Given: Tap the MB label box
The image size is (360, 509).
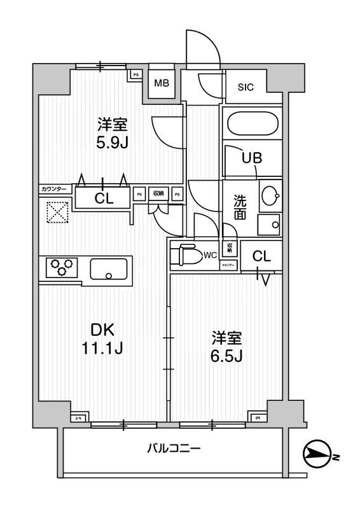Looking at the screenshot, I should point(162,83).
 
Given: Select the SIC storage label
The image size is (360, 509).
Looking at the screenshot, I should point(246,88).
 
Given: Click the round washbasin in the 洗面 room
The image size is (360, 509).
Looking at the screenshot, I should point(270,195).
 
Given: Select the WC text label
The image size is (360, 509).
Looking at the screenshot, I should point(211,255).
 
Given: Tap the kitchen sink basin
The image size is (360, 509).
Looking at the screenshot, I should point(109,268).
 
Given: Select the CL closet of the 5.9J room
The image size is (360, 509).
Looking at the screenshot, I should point(104,198).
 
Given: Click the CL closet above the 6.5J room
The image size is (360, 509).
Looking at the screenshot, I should point(261,256).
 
